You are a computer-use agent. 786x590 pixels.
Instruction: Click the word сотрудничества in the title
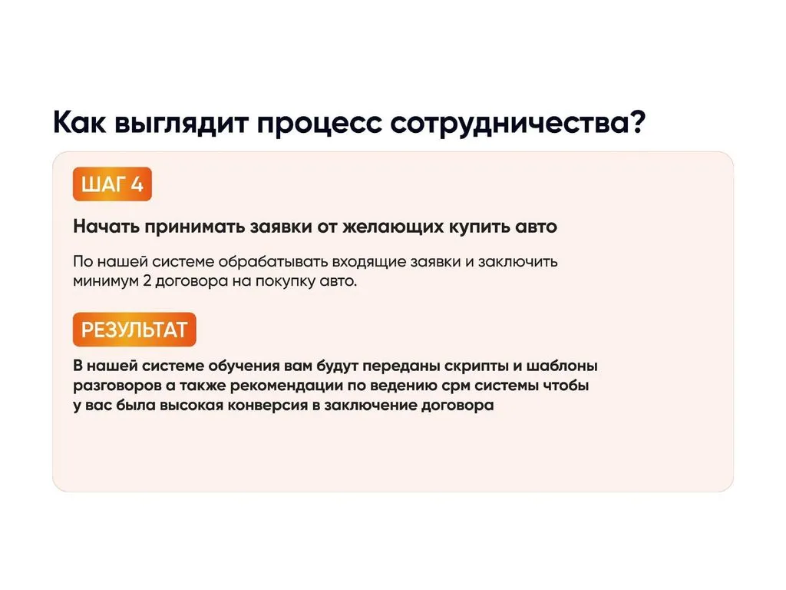(x=510, y=124)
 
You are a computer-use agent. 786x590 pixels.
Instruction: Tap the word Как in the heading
(x=80, y=122)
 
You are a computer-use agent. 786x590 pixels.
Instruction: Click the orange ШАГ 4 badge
(x=112, y=184)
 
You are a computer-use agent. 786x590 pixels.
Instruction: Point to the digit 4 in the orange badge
(x=137, y=184)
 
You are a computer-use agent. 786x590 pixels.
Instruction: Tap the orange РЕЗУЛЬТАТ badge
(x=134, y=330)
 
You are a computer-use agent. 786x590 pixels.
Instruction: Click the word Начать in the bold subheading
(x=106, y=227)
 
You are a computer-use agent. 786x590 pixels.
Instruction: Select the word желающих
(x=393, y=227)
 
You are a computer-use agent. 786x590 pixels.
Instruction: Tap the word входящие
(x=369, y=263)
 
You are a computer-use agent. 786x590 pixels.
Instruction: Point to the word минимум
(x=106, y=281)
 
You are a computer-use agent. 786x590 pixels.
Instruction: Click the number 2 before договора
(x=147, y=280)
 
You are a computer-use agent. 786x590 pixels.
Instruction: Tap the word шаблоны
(x=562, y=365)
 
